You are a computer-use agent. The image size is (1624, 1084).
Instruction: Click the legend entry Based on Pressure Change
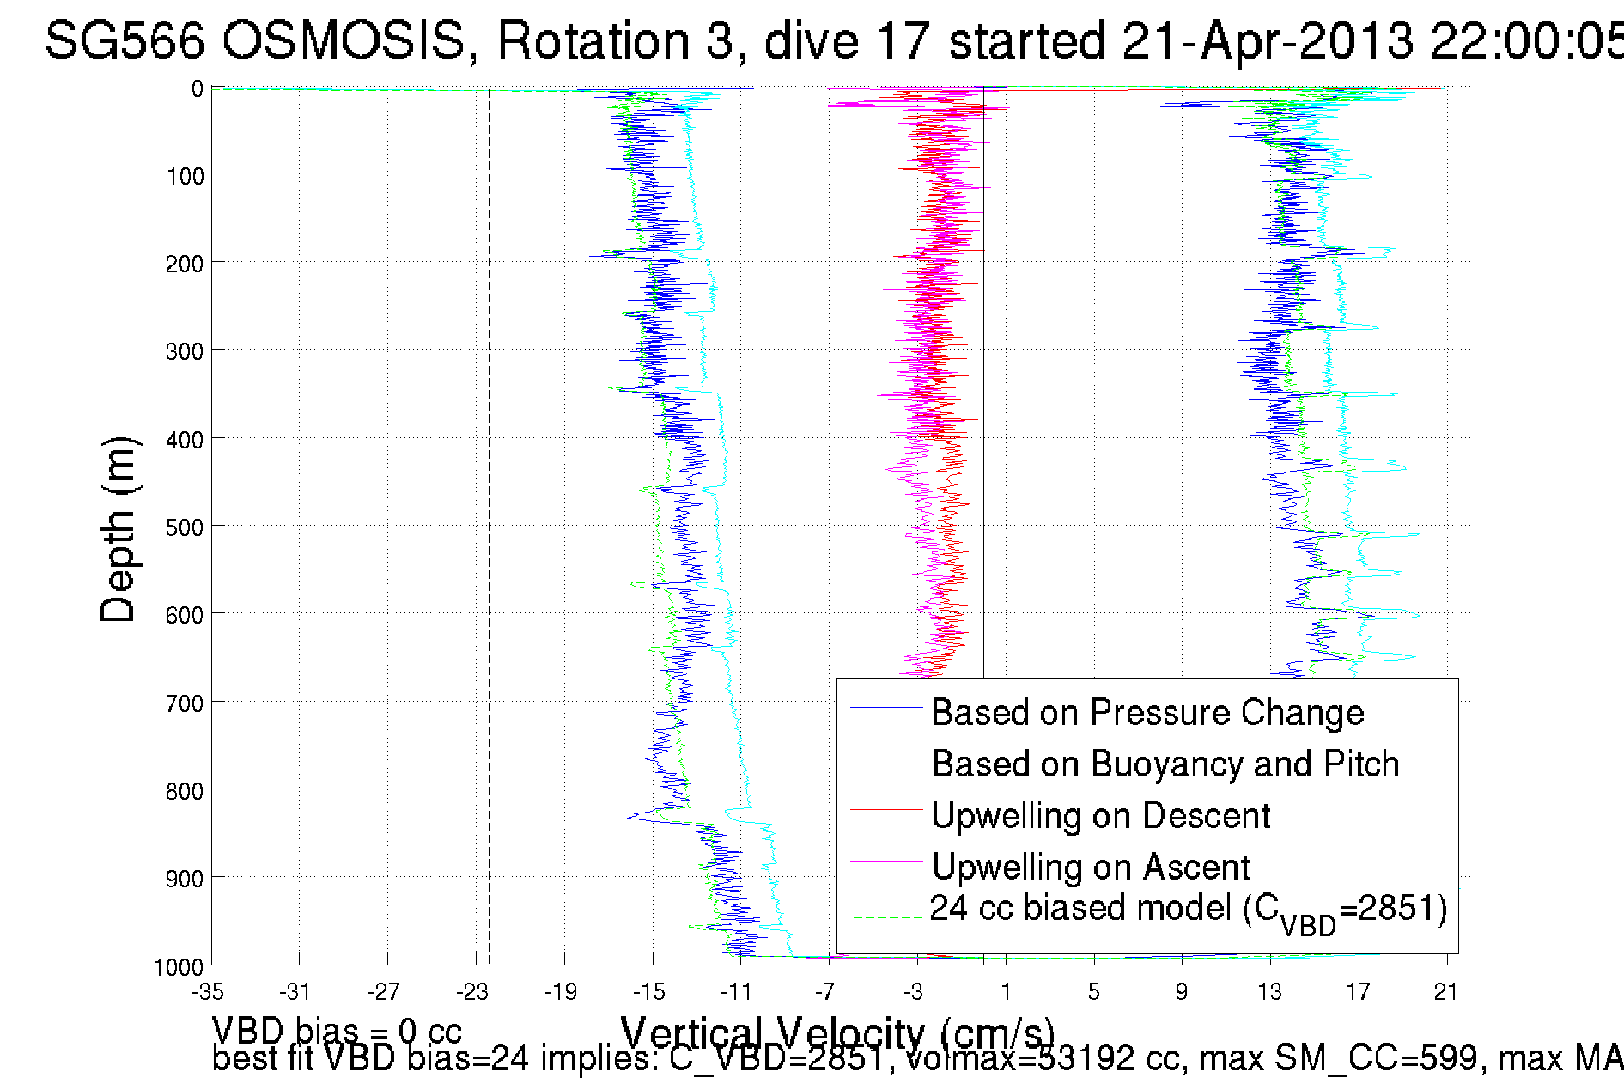(x=1147, y=713)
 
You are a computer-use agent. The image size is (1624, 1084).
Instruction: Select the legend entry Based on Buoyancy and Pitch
(x=1165, y=764)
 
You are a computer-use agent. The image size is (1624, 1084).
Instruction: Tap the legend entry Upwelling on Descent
(x=1100, y=816)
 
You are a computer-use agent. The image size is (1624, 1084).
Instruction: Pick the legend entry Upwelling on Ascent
(x=1091, y=868)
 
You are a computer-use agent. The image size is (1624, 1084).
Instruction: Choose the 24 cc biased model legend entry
(x=1188, y=910)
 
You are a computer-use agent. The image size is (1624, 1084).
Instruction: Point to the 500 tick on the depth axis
(x=184, y=527)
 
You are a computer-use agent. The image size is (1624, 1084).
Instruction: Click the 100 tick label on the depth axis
(x=184, y=177)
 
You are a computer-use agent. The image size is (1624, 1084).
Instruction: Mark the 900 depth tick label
(x=184, y=879)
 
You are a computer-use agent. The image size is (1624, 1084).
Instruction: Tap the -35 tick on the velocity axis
(x=208, y=993)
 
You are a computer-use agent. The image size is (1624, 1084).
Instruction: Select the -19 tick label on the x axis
(x=561, y=993)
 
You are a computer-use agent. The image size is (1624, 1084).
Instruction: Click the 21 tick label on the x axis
(x=1446, y=993)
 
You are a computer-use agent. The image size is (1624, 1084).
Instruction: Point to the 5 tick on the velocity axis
(x=1093, y=993)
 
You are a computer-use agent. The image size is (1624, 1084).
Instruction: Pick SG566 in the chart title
(x=125, y=41)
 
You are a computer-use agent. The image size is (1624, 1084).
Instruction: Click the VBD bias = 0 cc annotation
(x=337, y=1031)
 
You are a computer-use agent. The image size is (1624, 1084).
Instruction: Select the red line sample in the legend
(x=885, y=809)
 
